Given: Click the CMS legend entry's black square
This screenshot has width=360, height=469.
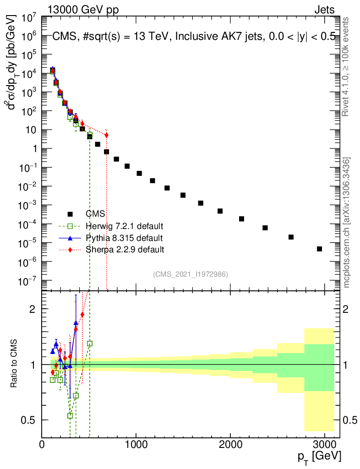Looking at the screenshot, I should point(70,214).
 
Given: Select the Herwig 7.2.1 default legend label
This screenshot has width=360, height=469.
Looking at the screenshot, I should point(125,226).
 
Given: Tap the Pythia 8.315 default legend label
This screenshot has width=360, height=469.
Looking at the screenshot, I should point(124,238).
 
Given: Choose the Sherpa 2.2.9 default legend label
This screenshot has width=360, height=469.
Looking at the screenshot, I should point(125,250).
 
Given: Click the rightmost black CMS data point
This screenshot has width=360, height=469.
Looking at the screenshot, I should point(319,249).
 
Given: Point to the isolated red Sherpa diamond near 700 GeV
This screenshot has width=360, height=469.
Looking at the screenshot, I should point(106,135).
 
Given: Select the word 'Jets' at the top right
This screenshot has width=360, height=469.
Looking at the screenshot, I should point(324,10).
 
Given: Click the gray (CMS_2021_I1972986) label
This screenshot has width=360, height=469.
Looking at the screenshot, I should point(191,274).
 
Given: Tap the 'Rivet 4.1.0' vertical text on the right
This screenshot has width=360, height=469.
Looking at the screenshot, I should point(346,66).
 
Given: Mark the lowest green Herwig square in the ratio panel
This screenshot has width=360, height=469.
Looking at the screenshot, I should point(70,415).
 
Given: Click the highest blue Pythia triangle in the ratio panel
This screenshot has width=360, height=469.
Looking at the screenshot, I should point(76,323).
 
